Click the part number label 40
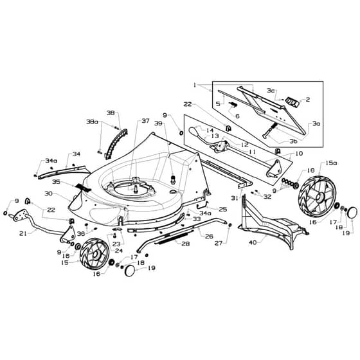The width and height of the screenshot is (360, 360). (x=253, y=242)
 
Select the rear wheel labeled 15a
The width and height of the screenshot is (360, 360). (x=317, y=197)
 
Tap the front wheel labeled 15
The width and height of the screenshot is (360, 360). (x=94, y=254)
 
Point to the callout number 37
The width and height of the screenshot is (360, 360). (x=145, y=121)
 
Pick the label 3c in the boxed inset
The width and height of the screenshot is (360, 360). (x=271, y=91)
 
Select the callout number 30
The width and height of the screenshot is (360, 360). (x=49, y=194)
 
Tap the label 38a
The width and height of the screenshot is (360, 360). (x=92, y=122)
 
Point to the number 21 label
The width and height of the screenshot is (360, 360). (x=23, y=233)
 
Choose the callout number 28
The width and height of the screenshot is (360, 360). (x=186, y=244)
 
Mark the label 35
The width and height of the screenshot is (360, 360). (x=56, y=182)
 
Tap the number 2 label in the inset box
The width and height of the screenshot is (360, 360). (x=308, y=100)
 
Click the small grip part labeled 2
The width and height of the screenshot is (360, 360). (x=292, y=102)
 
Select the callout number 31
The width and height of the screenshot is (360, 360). (x=235, y=198)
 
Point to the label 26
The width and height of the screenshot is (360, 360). (x=209, y=237)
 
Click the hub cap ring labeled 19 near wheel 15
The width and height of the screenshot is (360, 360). (x=130, y=271)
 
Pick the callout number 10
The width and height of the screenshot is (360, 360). (x=299, y=153)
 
